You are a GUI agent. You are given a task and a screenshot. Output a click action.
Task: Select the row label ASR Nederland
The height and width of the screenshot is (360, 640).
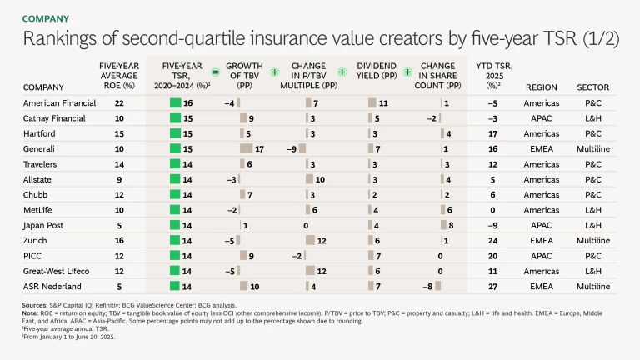[x=52, y=286]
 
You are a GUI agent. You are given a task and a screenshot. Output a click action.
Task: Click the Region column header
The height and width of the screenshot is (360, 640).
[x=542, y=87]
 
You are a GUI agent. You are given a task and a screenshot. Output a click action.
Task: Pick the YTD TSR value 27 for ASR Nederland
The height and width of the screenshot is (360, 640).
[x=492, y=286]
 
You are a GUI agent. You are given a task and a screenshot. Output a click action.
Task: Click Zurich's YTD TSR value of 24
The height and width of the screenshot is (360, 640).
[x=492, y=240]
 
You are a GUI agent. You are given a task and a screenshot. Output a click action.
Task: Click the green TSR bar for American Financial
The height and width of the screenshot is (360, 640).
[x=175, y=103]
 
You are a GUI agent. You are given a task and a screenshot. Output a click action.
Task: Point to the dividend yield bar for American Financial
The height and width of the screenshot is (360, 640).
[x=372, y=103]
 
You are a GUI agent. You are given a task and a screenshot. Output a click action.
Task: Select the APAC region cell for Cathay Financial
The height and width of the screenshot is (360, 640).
[x=542, y=118]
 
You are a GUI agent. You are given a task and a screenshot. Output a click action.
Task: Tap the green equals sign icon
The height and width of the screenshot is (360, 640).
[x=215, y=72]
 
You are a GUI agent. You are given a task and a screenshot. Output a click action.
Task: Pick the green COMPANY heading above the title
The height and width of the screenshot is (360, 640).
[x=45, y=18]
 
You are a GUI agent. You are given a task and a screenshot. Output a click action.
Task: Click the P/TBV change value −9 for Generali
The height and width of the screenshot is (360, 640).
[x=292, y=148]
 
